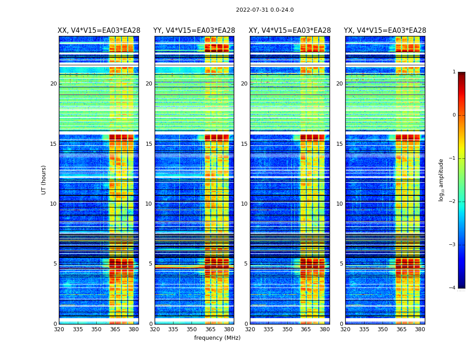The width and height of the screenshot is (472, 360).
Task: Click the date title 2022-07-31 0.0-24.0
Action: (265, 10)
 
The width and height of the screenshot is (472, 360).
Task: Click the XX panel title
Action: (99, 31)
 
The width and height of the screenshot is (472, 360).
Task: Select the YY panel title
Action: (194, 31)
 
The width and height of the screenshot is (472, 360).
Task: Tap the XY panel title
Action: (289, 31)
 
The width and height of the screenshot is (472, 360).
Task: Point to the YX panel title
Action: (385, 31)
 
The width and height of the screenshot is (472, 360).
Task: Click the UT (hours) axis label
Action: (44, 180)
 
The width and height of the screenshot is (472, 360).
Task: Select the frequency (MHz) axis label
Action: (217, 338)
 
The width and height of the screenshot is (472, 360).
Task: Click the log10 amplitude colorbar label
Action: (441, 180)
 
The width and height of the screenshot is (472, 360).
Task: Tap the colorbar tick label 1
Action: (454, 72)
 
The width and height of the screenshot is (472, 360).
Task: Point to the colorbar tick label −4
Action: (453, 288)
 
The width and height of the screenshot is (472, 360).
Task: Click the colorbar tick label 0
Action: (454, 115)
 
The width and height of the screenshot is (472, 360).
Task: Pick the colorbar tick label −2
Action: (453, 202)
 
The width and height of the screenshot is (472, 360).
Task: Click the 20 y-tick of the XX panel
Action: (53, 84)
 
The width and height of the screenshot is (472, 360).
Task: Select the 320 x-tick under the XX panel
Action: (59, 329)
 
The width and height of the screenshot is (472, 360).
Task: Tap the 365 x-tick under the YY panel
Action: (210, 329)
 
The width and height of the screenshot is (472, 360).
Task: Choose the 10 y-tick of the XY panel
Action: (244, 204)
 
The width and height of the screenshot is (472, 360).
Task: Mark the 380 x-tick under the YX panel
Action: (420, 329)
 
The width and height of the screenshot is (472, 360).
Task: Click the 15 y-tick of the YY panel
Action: (149, 144)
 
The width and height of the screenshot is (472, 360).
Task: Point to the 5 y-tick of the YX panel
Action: (341, 264)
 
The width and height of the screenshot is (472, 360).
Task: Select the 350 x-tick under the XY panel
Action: (287, 329)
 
